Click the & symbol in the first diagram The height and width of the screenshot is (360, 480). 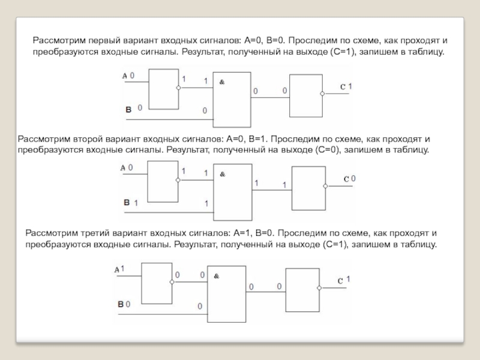coord(221,82)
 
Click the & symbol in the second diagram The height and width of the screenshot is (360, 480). coord(222,174)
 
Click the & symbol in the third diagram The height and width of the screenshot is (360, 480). coord(217,276)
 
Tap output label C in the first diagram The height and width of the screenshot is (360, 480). coord(343,88)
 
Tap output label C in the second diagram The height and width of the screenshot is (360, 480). coord(346,179)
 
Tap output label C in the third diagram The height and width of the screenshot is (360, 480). coord(340,281)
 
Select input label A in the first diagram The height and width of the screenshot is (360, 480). coord(125,76)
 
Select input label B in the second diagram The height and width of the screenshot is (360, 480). coord(127,203)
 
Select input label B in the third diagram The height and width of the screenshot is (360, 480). coord(120,305)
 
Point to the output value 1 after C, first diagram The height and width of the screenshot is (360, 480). coord(350,86)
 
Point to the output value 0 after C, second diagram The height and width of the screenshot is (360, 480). coord(353,179)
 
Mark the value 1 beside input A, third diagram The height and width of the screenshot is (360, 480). coord(122,268)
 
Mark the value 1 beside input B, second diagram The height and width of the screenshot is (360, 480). coord(136,203)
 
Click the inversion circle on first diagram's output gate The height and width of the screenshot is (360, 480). coord(323,94)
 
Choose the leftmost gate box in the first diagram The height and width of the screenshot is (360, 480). coord(163,89)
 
